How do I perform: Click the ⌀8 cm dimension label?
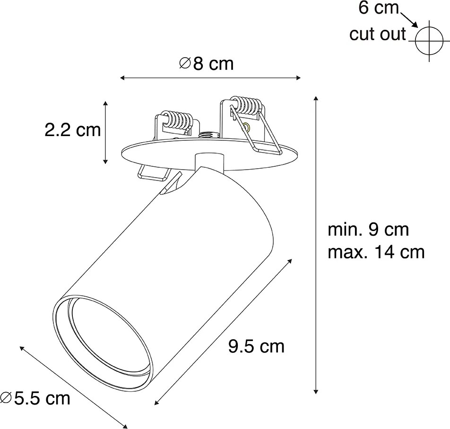pyautogui.click(x=207, y=64)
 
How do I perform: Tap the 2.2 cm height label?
pyautogui.click(x=73, y=130)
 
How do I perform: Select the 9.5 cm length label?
pyautogui.click(x=256, y=347)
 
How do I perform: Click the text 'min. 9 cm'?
pyautogui.click(x=368, y=230)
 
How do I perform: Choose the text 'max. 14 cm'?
pyautogui.click(x=376, y=252)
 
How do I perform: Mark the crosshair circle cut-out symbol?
pyautogui.click(x=429, y=41)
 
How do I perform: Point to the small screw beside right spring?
pyautogui.click(x=246, y=127)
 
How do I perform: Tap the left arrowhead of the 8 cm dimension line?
pyautogui.click(x=122, y=77)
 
